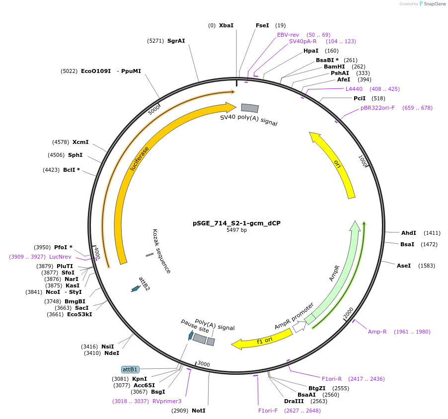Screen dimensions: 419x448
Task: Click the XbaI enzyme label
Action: (226, 25)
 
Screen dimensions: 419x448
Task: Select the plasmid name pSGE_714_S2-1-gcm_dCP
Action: (236, 223)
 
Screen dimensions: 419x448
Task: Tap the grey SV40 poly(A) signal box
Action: (250, 108)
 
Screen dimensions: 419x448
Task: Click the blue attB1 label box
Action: (130, 369)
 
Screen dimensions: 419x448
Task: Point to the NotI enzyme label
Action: (198, 411)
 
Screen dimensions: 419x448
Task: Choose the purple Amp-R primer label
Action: (377, 332)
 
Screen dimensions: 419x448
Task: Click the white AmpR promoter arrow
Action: (299, 327)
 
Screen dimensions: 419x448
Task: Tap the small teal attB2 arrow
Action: (135, 288)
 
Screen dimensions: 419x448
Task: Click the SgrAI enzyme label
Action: (176, 41)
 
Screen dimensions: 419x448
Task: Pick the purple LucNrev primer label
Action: (60, 257)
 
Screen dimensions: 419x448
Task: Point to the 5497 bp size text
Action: (236, 230)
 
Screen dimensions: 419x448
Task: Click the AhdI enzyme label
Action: (408, 233)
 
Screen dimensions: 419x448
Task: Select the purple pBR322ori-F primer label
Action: (377, 108)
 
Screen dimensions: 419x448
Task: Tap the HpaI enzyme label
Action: (311, 51)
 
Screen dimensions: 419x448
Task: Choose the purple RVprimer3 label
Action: (167, 401)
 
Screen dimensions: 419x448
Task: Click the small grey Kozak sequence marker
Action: (149, 255)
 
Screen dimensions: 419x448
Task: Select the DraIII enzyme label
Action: (294, 401)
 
